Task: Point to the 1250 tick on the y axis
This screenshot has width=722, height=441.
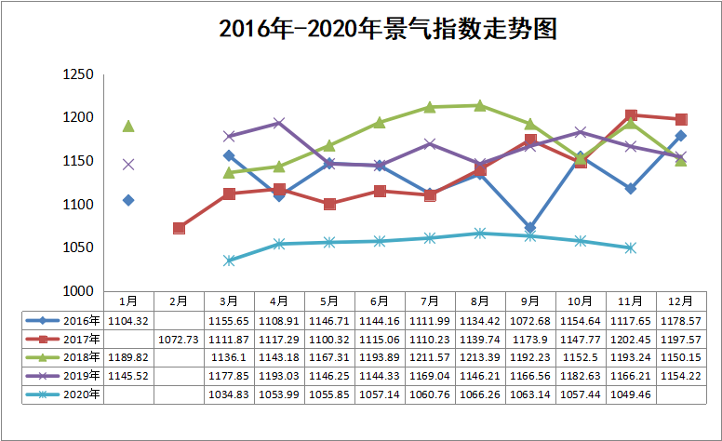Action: pos(77,75)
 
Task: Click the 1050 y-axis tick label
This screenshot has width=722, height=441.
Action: pos(77,247)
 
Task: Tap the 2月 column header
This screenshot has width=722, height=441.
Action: pos(179,301)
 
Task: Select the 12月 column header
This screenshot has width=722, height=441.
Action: pos(681,301)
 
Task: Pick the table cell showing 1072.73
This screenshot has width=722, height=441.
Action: pos(179,338)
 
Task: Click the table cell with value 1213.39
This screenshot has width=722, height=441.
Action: pos(480,357)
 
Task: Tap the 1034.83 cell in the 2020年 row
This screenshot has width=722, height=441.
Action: pos(229,394)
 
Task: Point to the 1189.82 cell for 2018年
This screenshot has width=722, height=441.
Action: pos(128,357)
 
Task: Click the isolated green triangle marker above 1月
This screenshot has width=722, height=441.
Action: pos(128,127)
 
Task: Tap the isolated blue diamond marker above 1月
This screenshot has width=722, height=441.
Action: pos(128,200)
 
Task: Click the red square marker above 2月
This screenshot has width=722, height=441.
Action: pos(179,228)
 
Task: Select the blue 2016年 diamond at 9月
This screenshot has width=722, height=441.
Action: pos(530,228)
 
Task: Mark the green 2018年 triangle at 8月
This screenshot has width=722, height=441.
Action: pos(480,105)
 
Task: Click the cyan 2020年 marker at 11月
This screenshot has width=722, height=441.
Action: pos(631,247)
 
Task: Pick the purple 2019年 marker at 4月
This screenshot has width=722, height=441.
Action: pos(279,123)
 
